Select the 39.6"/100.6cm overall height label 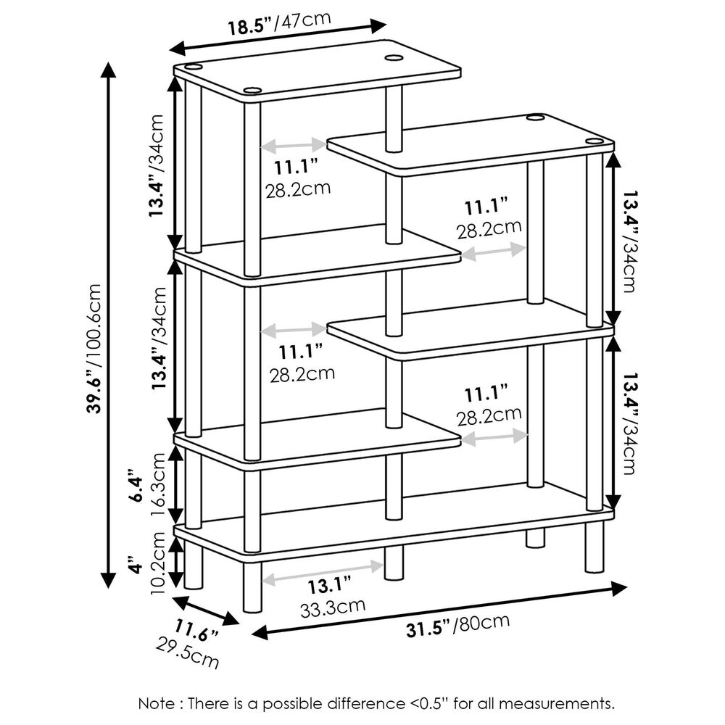click(x=92, y=348)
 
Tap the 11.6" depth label click(x=196, y=631)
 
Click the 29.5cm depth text click(x=187, y=651)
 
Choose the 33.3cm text click(x=333, y=605)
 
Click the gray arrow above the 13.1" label click(x=322, y=571)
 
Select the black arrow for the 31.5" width click(x=439, y=610)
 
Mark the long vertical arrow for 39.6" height click(x=109, y=326)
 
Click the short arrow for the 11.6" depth click(x=206, y=610)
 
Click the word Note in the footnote click(x=155, y=703)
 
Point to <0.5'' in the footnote click(x=427, y=703)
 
